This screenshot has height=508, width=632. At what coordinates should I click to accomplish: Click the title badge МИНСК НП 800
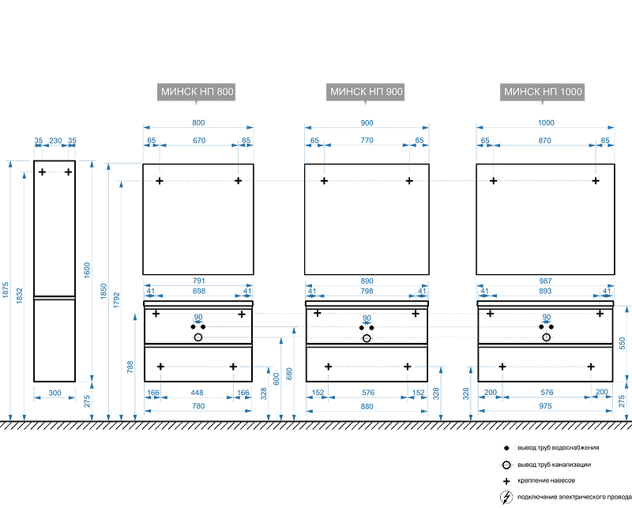[197, 92]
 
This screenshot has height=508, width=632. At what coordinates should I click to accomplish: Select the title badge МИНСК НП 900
[367, 92]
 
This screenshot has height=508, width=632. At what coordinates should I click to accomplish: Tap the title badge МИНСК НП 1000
[544, 92]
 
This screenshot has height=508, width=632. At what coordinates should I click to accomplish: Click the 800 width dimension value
[198, 122]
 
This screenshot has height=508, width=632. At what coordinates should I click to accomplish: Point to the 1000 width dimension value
[546, 122]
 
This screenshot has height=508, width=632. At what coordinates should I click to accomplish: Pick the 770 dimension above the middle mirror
[367, 140]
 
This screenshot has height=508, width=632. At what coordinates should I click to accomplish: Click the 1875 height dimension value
[6, 291]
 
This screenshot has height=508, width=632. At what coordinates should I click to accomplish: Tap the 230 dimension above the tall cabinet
[55, 140]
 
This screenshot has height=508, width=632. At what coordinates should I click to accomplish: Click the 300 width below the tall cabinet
[55, 393]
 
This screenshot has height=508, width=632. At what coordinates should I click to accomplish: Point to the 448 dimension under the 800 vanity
[197, 393]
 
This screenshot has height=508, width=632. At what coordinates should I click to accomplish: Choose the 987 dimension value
[546, 280]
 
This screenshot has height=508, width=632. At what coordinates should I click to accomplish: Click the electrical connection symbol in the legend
[506, 497]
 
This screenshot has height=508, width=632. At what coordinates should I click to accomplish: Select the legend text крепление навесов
[546, 481]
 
